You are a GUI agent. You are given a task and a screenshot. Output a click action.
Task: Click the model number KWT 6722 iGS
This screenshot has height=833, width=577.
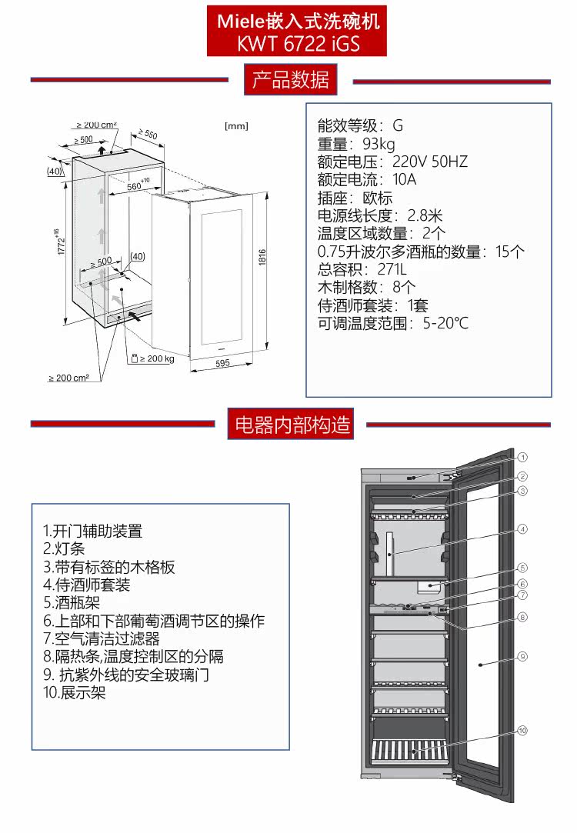pyautogui.click(x=299, y=44)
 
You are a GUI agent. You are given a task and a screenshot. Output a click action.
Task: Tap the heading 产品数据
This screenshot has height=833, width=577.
pyautogui.click(x=291, y=80)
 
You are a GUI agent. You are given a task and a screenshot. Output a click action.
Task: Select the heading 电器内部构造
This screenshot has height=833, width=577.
pyautogui.click(x=292, y=424)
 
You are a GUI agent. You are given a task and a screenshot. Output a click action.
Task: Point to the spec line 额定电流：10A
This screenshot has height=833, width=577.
pyautogui.click(x=367, y=179)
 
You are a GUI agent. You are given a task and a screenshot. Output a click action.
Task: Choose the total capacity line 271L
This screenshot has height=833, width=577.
pyautogui.click(x=362, y=269)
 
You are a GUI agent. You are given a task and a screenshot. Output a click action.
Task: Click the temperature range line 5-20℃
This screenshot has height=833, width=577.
pyautogui.click(x=392, y=323)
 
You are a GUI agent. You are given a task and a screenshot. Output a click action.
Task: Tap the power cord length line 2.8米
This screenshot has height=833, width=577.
pyautogui.click(x=380, y=215)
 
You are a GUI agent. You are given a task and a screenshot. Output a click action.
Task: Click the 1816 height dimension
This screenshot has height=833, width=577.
pyautogui.click(x=262, y=259)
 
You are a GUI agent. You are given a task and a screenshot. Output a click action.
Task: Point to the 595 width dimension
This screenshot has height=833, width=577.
pyautogui.click(x=223, y=363)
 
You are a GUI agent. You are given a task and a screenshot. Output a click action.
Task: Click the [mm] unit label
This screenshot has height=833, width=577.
pyautogui.click(x=236, y=126)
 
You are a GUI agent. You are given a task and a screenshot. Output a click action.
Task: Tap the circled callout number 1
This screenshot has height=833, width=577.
pyautogui.click(x=522, y=456)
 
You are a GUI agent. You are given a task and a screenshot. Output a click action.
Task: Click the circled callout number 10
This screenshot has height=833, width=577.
pyautogui.click(x=522, y=730)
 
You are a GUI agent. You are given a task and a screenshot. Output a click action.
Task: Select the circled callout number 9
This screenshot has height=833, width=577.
pyautogui.click(x=522, y=656)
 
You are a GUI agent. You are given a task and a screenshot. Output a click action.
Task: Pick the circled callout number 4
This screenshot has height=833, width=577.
pyautogui.click(x=522, y=529)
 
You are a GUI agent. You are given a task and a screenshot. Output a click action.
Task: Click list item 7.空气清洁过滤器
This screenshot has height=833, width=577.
pyautogui.click(x=102, y=638)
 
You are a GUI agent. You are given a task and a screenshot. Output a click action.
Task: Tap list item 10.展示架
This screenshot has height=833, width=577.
pyautogui.click(x=74, y=692)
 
